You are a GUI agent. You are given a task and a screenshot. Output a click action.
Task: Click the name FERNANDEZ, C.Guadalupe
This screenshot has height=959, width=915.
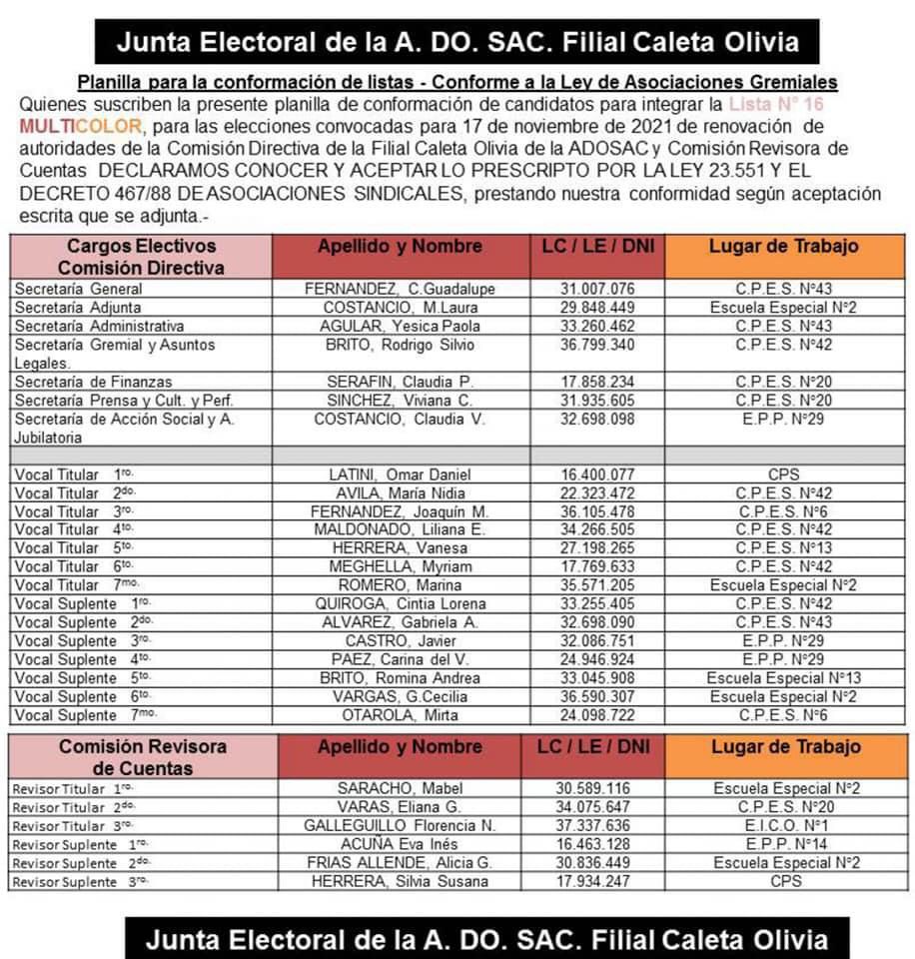pyautogui.click(x=400, y=289)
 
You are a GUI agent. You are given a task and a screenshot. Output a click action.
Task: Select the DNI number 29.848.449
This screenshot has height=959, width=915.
pyautogui.click(x=597, y=308)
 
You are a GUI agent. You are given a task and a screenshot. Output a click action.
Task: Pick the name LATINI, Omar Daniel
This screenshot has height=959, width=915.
pyautogui.click(x=400, y=475)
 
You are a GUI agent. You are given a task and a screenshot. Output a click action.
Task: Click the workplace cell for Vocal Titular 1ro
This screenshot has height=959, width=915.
pyautogui.click(x=784, y=475)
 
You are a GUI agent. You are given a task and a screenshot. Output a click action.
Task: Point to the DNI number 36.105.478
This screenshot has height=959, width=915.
pyautogui.click(x=597, y=511)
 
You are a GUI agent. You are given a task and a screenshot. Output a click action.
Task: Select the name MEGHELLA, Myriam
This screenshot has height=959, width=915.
pyautogui.click(x=400, y=566)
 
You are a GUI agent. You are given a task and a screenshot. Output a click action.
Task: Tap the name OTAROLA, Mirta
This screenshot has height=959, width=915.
pyautogui.click(x=400, y=715)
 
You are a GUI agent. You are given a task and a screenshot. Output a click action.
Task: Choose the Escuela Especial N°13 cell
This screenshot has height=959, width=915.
pyautogui.click(x=784, y=677)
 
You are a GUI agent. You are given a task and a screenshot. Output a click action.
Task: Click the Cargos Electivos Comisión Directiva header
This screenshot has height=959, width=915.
pyautogui.click(x=141, y=257)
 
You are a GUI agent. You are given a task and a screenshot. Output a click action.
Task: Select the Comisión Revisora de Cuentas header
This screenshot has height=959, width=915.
pyautogui.click(x=141, y=757)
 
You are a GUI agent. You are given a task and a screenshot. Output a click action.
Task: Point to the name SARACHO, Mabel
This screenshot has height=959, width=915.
pyautogui.click(x=400, y=789)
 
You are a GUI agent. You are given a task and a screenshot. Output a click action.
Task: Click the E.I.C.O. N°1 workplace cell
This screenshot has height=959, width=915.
pyautogui.click(x=784, y=826)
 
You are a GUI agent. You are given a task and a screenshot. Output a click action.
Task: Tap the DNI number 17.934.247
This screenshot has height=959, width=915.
pyautogui.click(x=597, y=882)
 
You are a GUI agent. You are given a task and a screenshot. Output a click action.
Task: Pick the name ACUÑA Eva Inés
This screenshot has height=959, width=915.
pyautogui.click(x=400, y=845)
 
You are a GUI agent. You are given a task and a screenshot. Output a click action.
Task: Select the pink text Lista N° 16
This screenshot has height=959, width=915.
pyautogui.click(x=776, y=105)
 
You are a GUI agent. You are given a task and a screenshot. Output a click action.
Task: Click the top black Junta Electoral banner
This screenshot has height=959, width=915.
pyautogui.click(x=457, y=43)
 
